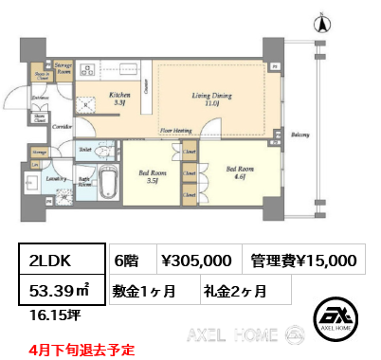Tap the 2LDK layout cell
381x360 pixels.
pyautogui.click(x=55, y=260)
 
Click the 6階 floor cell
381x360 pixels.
pyautogui.click(x=126, y=260)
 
